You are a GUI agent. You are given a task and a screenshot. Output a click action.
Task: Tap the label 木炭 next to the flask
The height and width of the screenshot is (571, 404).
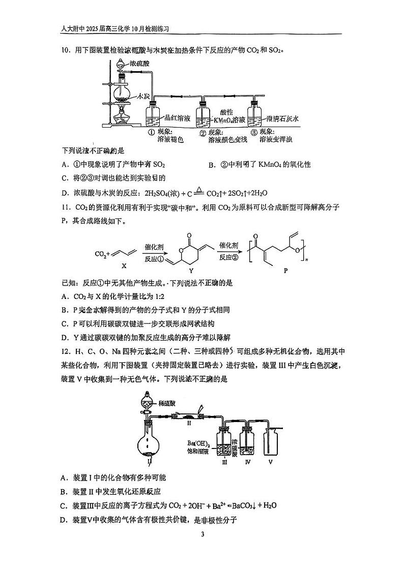point(142,97)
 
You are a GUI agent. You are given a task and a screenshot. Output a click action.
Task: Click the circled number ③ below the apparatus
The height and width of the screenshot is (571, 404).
point(254,132)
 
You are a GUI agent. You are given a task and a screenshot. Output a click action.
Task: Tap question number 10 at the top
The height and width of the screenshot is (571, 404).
point(66,50)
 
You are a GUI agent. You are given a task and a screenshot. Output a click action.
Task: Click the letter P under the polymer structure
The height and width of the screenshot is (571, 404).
point(285,271)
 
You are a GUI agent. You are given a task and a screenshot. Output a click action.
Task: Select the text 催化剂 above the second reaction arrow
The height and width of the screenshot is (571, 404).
point(228,246)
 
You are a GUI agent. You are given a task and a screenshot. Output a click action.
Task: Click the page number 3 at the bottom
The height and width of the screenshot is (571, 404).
point(203,534)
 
